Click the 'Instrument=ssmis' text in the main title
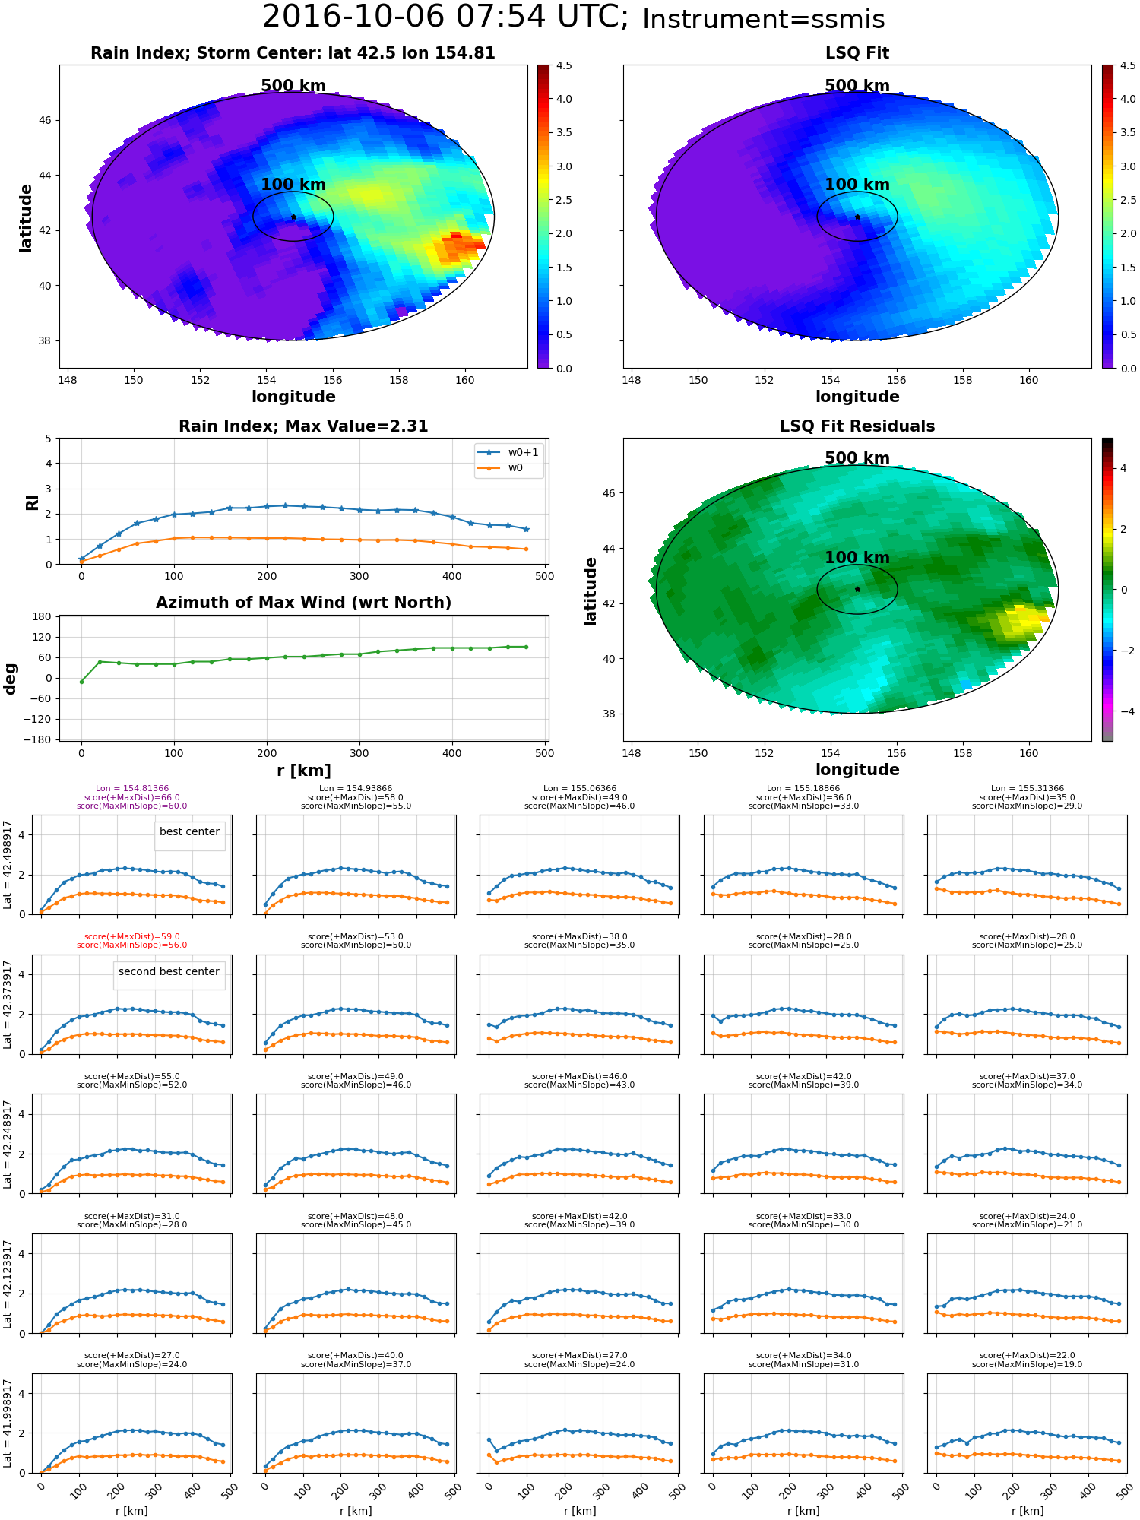pos(763,20)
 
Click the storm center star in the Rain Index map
pos(293,217)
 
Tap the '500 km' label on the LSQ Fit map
pos(857,86)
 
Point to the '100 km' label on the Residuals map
pos(857,558)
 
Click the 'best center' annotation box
pos(189,832)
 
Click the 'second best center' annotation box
pos(169,972)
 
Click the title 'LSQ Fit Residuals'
pos(857,426)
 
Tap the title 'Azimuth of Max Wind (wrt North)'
pos(303,603)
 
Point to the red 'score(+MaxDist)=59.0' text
pos(131,937)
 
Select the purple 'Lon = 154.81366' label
pos(131,789)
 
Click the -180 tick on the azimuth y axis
pos(43,739)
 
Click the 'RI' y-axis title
pos(32,502)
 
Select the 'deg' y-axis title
pos(11,679)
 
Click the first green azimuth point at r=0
pos(81,682)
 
